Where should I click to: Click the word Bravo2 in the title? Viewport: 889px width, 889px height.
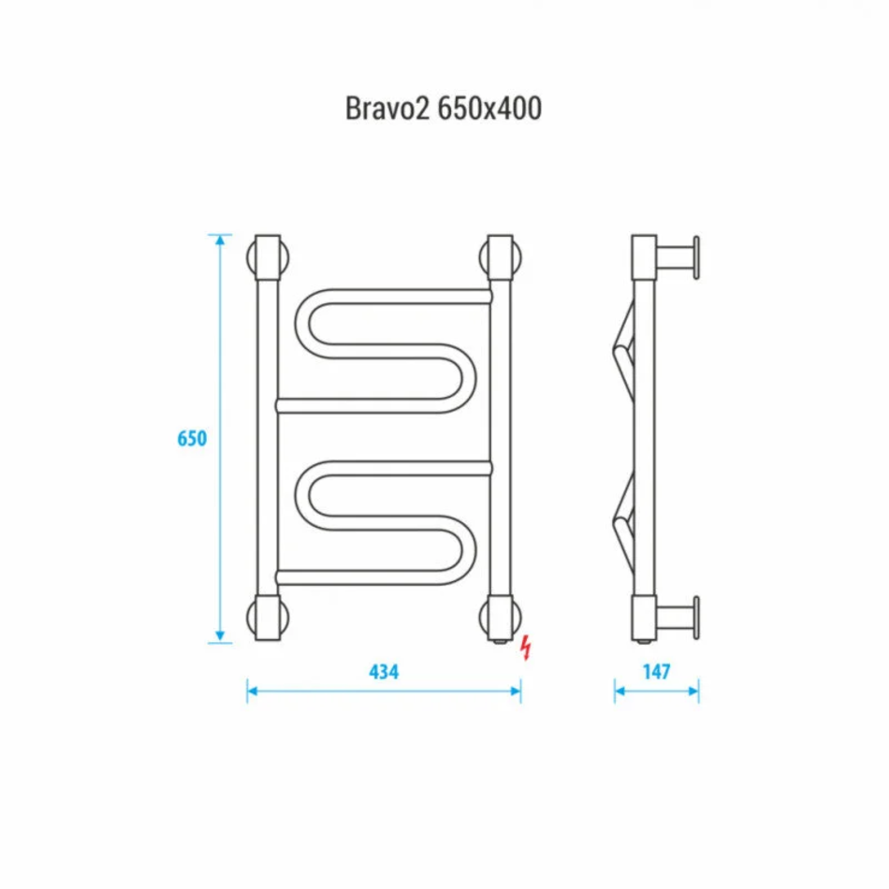(387, 108)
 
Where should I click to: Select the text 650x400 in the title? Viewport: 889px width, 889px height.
(489, 108)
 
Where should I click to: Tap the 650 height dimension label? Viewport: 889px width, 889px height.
(192, 438)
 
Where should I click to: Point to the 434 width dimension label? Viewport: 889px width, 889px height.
(384, 672)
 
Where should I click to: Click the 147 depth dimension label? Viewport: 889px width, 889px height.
(657, 672)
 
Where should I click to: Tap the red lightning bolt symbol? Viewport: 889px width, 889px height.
(527, 648)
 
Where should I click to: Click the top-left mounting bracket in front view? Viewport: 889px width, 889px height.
(269, 258)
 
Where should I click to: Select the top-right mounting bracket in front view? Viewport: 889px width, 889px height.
(501, 258)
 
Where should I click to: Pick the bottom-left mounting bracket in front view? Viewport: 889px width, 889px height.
(269, 618)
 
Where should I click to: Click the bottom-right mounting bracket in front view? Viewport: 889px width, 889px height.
(501, 618)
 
